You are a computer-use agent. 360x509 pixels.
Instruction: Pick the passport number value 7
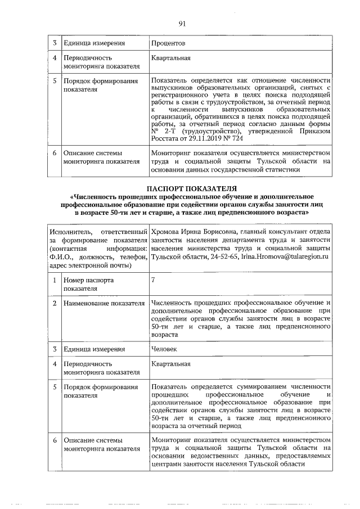pos(154,280)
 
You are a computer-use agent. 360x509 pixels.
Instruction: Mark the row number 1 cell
pos(55,280)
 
